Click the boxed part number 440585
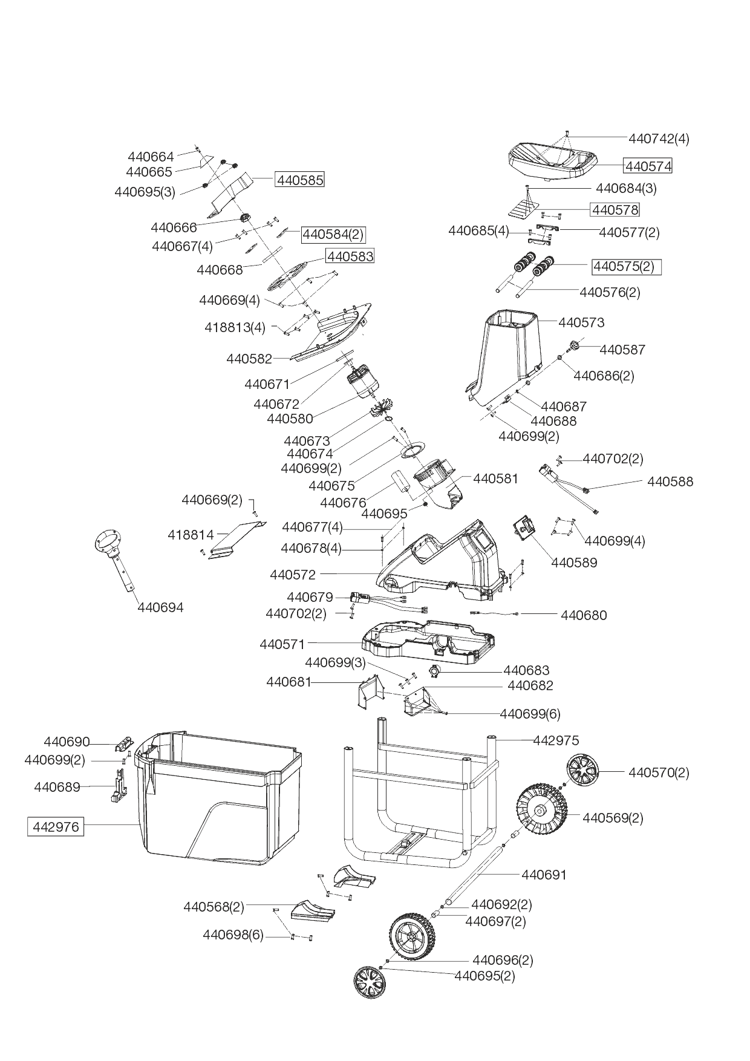[x=299, y=180]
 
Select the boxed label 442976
[x=56, y=826]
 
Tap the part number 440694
[x=160, y=607]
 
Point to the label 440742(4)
[x=659, y=139]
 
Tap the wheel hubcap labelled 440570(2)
[x=583, y=772]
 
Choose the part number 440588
[x=670, y=482]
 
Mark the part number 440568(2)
[x=214, y=907]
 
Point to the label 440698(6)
[x=233, y=935]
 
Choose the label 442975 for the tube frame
[x=556, y=740]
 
